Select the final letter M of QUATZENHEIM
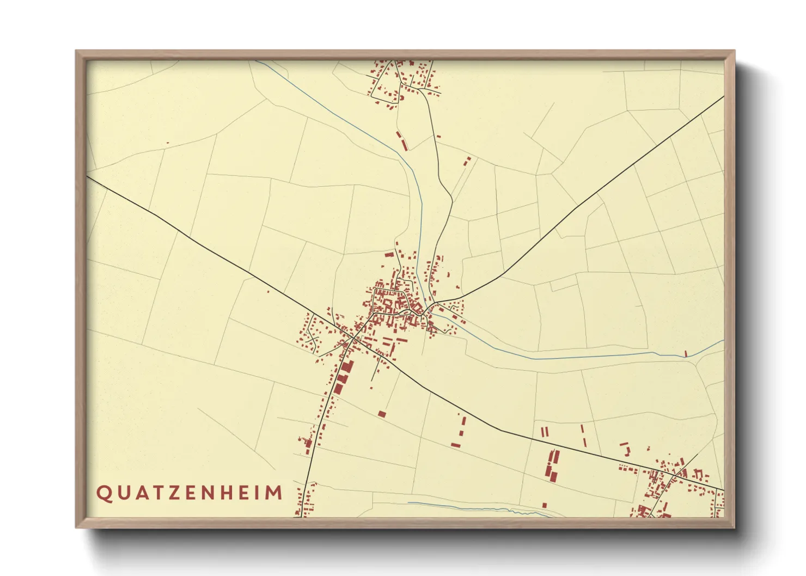pos(275,493)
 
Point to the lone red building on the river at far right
pos(686,354)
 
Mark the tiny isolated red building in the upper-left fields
pos(167,143)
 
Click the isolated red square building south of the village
pos(382,414)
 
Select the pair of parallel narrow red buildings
pos(545,432)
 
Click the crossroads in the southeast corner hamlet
pos(674,476)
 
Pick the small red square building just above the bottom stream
pos(544,505)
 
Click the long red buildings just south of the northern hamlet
pos(402,140)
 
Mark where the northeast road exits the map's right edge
pos(723,97)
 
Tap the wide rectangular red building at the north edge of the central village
pos(389,254)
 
